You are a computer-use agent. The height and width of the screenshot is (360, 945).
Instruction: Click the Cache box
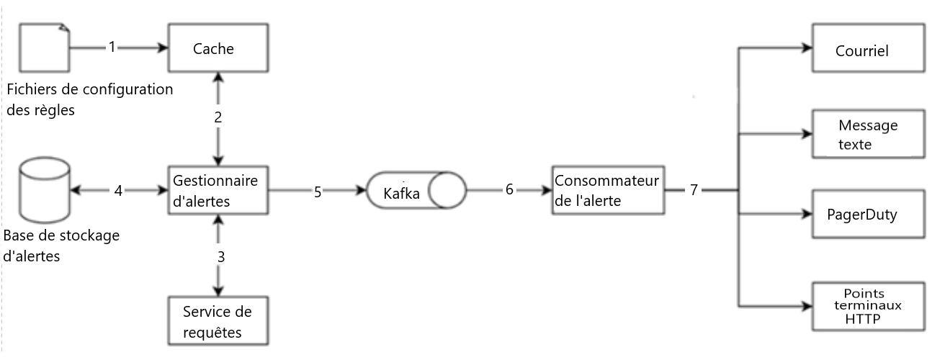pos(218,48)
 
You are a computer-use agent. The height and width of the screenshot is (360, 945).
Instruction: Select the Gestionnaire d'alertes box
pos(218,191)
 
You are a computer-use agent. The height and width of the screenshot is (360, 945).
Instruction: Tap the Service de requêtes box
pos(218,321)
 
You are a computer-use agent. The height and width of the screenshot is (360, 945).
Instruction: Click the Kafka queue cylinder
pos(416,192)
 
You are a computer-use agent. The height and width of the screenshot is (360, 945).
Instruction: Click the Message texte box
pos(867,135)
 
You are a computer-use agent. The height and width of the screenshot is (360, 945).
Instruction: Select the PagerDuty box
pos(867,214)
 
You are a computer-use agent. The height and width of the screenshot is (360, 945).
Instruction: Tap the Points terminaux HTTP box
pos(867,306)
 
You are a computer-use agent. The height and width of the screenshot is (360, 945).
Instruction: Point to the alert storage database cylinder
pos(45,190)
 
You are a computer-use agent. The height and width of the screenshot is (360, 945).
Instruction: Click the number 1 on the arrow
pos(112,47)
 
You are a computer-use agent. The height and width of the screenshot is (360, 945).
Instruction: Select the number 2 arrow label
pos(218,118)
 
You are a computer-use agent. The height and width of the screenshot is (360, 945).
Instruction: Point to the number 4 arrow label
pos(117,191)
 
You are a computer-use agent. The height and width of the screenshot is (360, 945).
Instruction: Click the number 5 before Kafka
pos(318,192)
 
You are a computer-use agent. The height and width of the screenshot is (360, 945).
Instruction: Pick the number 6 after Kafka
pos(509,191)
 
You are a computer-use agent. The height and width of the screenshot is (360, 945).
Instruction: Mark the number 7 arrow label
pos(694,191)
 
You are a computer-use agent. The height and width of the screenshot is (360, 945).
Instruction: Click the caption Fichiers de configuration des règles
pos(89,100)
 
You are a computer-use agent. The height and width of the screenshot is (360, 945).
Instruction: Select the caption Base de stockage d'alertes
pos(61,246)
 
